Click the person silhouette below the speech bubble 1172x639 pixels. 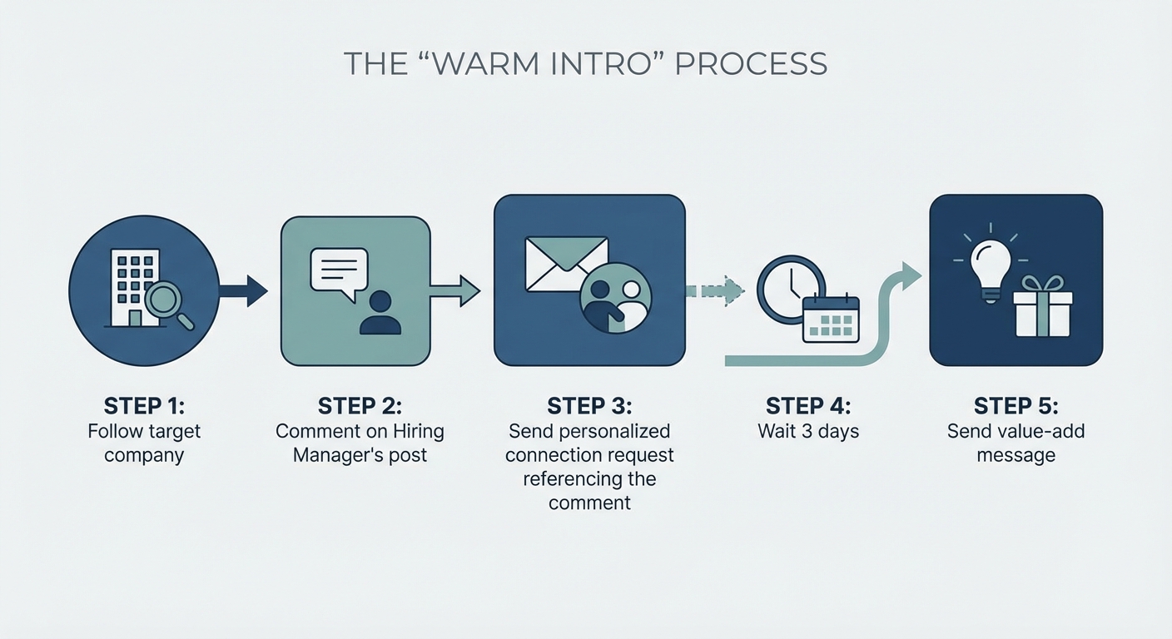coord(380,313)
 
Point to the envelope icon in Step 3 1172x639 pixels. coord(566,263)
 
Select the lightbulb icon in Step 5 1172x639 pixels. coord(991,264)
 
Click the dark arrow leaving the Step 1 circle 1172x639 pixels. coord(246,290)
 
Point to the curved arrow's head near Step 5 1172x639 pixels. coord(910,275)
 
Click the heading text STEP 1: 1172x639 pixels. coord(144,406)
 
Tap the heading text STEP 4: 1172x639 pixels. coord(808,406)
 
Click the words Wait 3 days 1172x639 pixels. coord(808,432)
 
